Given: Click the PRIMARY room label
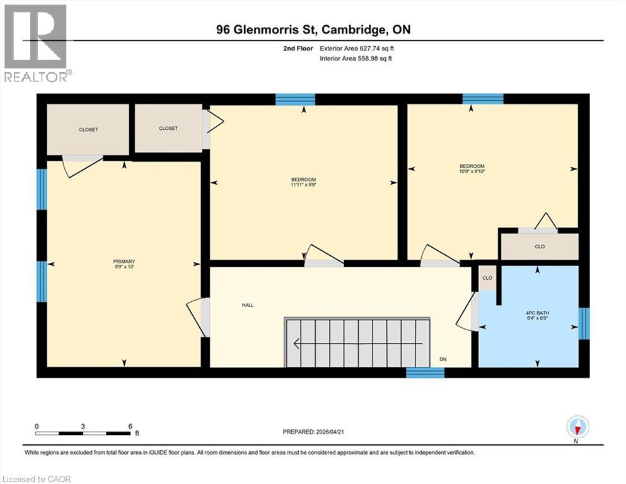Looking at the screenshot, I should [x=124, y=262].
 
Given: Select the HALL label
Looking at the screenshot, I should [x=248, y=305].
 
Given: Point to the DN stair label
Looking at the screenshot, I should [x=443, y=359].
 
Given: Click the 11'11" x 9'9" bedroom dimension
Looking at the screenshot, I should [x=303, y=185].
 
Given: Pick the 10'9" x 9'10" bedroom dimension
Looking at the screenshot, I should [x=472, y=171].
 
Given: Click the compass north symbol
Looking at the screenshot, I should [x=577, y=427].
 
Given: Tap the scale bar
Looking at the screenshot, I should [x=83, y=433].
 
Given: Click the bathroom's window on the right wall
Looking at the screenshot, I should [x=584, y=323].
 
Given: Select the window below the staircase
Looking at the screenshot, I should [x=425, y=373].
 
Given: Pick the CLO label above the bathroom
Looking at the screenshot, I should [x=540, y=246].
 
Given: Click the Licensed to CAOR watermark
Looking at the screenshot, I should [x=37, y=479].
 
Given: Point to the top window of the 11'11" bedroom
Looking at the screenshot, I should [x=295, y=99].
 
